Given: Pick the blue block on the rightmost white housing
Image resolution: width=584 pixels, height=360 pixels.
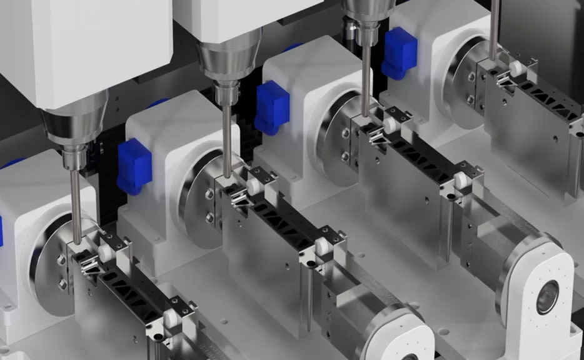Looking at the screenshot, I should (400, 52).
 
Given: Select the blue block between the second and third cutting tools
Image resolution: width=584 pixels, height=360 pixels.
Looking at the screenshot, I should (271, 107).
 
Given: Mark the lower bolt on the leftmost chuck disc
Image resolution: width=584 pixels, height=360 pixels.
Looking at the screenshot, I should (63, 284).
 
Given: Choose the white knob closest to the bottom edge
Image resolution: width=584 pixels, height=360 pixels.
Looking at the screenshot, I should (171, 321).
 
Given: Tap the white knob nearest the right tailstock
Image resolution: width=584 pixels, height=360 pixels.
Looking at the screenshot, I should (462, 181).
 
